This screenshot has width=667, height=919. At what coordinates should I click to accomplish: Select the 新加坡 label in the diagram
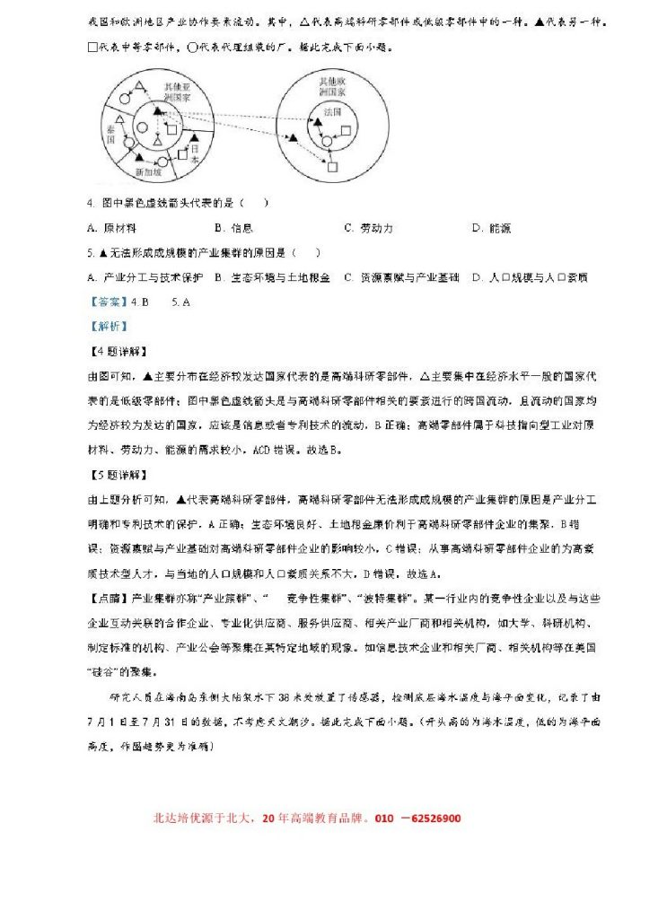147,171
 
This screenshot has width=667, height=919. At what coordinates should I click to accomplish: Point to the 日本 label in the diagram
200,153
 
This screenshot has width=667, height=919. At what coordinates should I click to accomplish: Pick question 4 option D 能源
491,228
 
